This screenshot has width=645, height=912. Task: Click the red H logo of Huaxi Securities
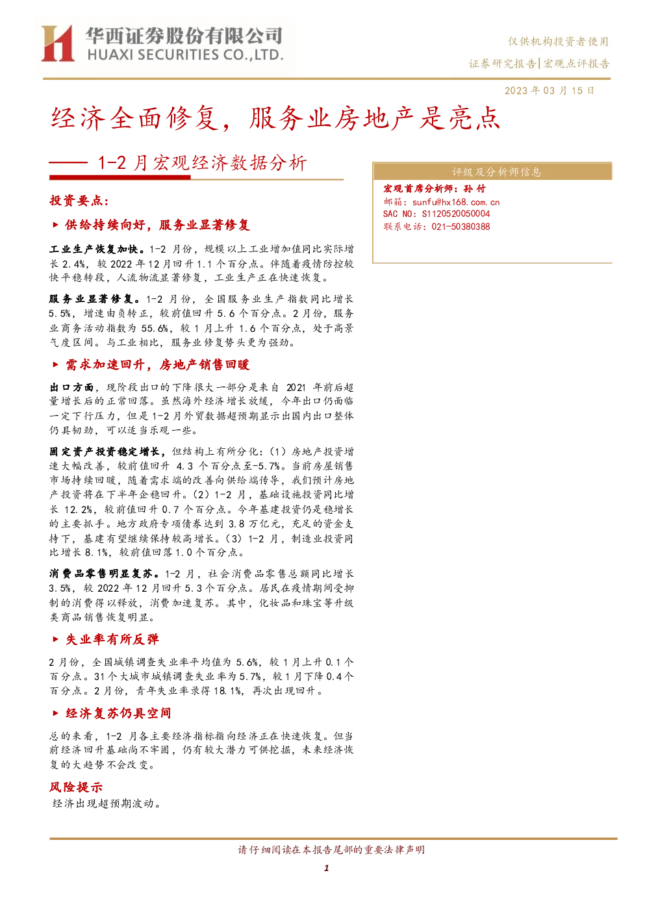point(58,43)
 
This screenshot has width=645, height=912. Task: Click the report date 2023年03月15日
point(549,90)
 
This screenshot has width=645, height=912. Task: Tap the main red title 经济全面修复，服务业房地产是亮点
point(275,118)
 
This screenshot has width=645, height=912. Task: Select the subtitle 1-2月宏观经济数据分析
point(202,163)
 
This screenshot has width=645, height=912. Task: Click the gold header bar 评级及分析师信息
point(492,171)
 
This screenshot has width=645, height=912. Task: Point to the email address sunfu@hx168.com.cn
point(455,202)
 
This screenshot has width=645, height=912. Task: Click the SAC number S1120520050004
point(455,214)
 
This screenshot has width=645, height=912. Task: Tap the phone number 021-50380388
point(461,226)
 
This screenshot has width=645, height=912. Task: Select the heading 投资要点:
point(79,200)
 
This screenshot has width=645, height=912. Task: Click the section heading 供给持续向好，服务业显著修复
point(157,225)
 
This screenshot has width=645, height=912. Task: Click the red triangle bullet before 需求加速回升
point(56,364)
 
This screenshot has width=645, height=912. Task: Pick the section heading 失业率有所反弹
point(112,639)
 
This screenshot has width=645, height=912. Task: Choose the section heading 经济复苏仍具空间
point(118,713)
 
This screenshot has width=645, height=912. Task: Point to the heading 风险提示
point(76,787)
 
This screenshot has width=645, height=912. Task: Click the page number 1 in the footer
point(326,868)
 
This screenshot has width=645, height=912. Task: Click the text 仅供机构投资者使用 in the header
point(558,41)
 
